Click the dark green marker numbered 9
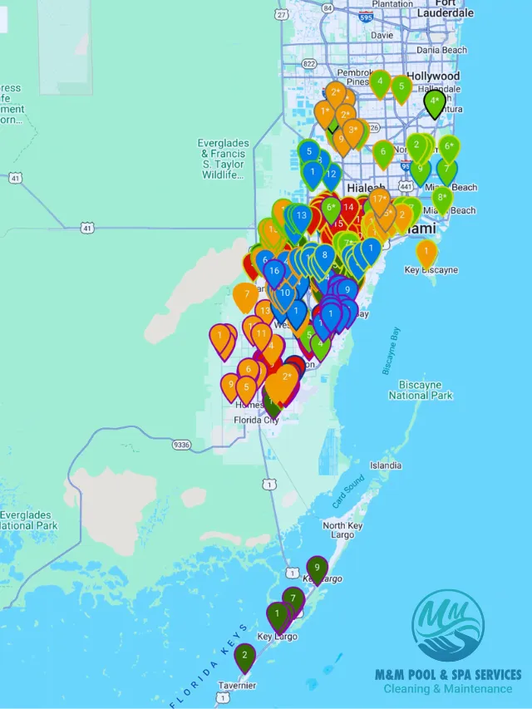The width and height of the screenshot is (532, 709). pyautogui.click(x=317, y=569)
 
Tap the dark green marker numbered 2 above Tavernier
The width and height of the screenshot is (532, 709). pyautogui.click(x=244, y=657)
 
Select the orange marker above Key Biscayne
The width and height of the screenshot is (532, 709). pyautogui.click(x=426, y=252)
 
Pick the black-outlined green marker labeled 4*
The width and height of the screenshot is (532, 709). pyautogui.click(x=434, y=102)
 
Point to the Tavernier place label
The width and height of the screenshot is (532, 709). pyautogui.click(x=237, y=686)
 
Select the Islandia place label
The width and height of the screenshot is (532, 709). pyautogui.click(x=386, y=465)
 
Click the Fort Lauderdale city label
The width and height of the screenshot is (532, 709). pyautogui.click(x=446, y=9)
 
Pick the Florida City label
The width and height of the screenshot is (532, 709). pyautogui.click(x=256, y=420)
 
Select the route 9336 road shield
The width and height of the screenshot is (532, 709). pyautogui.click(x=181, y=445)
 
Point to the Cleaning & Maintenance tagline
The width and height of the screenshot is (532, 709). pyautogui.click(x=448, y=689)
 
